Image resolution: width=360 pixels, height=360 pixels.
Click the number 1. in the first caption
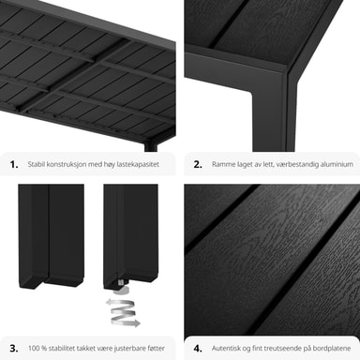click(14, 164)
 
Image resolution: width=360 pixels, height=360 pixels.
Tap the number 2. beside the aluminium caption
click(198, 164)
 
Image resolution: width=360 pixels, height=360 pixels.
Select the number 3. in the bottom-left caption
click(14, 349)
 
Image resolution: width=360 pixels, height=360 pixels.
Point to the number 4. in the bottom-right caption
click(198, 349)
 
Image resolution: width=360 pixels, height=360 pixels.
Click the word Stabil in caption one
click(36, 164)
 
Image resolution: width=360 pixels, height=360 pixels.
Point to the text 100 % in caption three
click(37, 348)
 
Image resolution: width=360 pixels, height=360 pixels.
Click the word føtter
click(156, 348)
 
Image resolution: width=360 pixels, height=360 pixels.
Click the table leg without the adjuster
click(52, 236)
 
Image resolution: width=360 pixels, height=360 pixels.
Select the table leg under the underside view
click(151, 147)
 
